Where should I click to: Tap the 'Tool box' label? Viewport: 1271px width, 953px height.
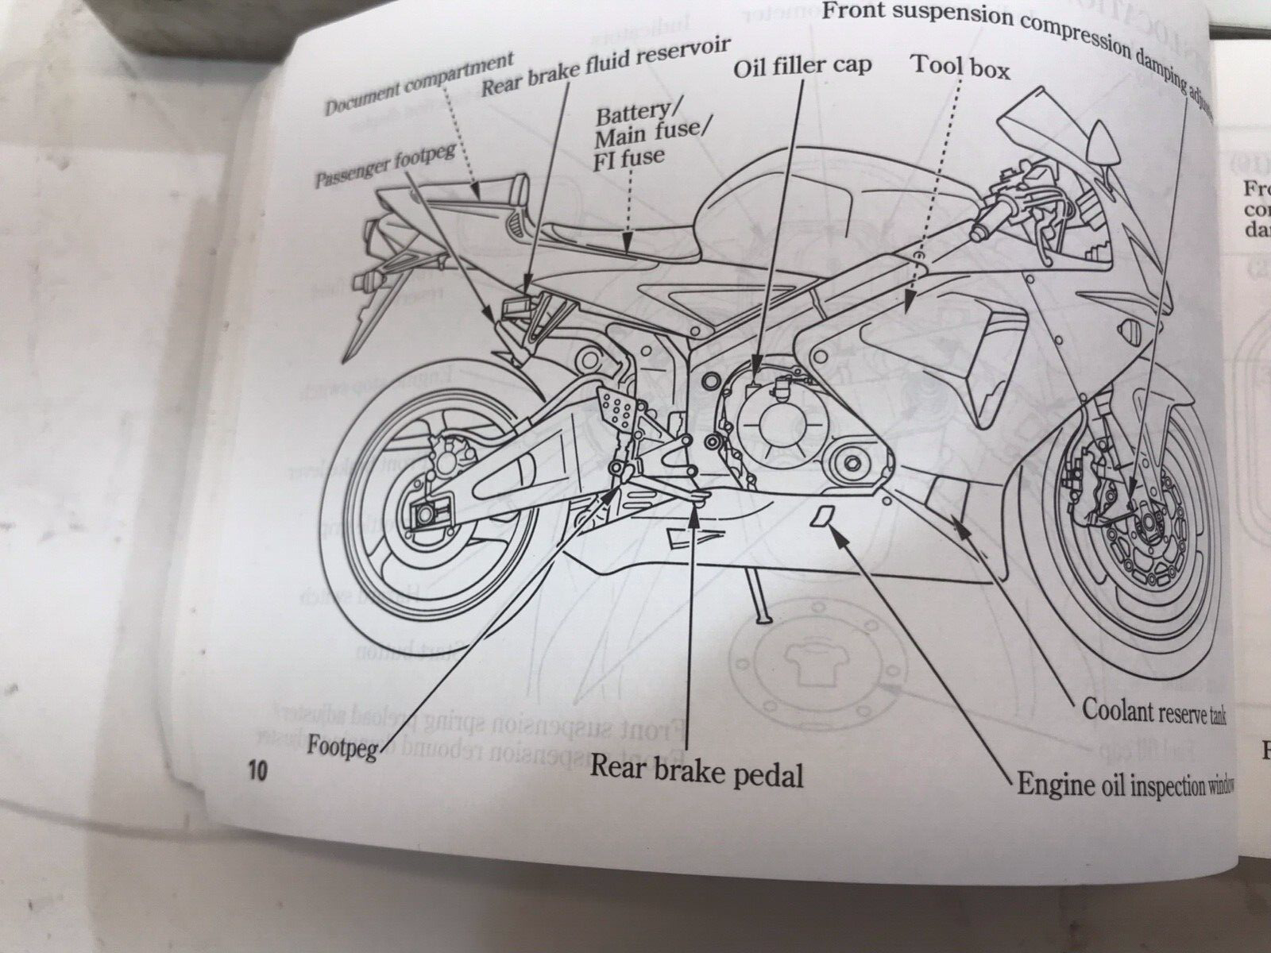tap(960, 68)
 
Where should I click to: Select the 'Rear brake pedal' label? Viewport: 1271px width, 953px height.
tap(696, 770)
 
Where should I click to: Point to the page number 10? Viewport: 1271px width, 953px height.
tap(257, 771)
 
